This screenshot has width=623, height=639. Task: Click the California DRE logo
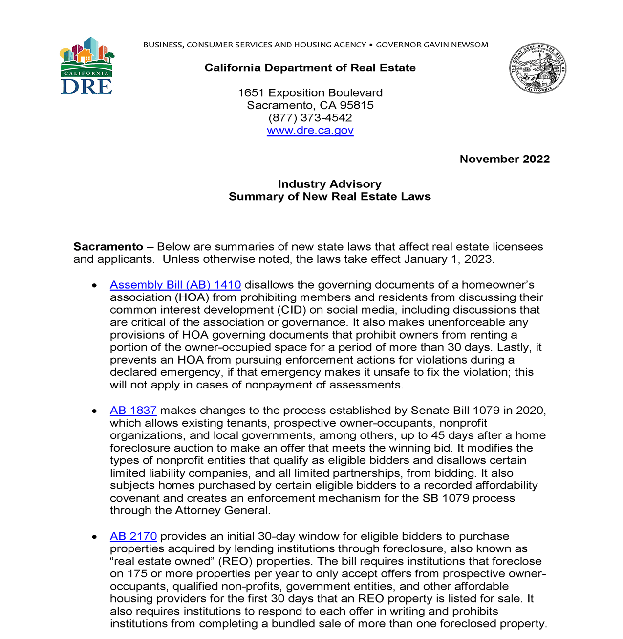coord(86,66)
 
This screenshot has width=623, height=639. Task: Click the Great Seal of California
coord(537,68)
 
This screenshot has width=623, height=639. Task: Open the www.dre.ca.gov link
coord(310,131)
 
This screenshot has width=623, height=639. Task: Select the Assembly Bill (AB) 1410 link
coord(175,285)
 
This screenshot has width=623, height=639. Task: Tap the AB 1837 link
coord(133,411)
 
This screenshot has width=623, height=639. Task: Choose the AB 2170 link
coord(133,536)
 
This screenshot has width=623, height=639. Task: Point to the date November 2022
coord(504,159)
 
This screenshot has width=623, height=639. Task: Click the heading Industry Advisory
coord(329,184)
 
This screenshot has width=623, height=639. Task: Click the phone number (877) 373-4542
coord(310,118)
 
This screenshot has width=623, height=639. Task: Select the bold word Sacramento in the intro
coord(108,247)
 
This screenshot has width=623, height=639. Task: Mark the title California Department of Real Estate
coord(310,68)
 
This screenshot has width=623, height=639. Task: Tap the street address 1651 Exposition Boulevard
coord(310,93)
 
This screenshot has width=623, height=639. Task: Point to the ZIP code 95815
coord(357,105)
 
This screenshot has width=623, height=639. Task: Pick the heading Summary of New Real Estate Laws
coord(329,197)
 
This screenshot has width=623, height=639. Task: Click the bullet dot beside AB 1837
coord(94,411)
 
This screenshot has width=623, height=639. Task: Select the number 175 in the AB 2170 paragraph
coord(137,574)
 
